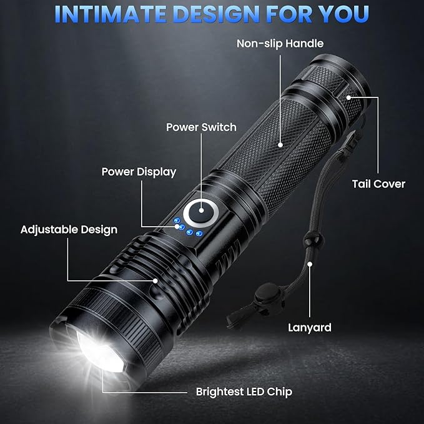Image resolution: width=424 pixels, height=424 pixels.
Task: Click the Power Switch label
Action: (x=201, y=127)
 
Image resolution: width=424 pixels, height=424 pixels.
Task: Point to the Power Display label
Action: (x=139, y=172)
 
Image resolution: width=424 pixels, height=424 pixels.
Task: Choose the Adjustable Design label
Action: (x=69, y=229)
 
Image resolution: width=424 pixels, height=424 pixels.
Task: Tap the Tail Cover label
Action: (x=378, y=184)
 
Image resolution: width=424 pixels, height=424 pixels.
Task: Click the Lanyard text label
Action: (x=309, y=327)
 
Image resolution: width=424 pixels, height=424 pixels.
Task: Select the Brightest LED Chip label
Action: (x=244, y=392)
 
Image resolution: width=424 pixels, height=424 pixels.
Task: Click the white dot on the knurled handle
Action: (x=280, y=144)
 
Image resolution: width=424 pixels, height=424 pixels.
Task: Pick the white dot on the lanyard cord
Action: (x=310, y=264)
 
